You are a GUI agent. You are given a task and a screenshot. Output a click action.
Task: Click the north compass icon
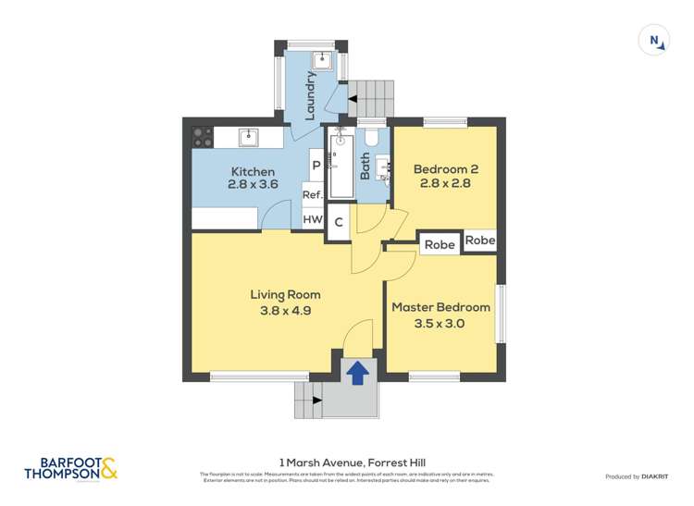(654, 40)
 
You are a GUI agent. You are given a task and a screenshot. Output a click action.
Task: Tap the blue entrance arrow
(357, 372)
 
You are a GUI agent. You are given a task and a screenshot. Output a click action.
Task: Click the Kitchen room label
(253, 172)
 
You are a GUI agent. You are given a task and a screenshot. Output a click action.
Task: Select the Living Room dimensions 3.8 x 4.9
(285, 311)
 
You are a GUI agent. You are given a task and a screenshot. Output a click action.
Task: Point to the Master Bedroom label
(440, 307)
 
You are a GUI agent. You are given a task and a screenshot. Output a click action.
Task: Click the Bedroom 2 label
(445, 169)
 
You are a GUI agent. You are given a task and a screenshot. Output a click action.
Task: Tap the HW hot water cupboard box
(313, 220)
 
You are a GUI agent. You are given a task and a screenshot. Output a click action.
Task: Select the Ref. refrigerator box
(313, 195)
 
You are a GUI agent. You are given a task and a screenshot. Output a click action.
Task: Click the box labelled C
(339, 222)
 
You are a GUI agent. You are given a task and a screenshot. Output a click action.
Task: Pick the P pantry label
(316, 167)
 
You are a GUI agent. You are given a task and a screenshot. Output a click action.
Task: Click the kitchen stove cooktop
(202, 138)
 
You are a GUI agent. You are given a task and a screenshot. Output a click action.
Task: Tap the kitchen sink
(247, 138)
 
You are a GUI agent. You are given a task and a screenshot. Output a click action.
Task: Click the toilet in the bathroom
(372, 139)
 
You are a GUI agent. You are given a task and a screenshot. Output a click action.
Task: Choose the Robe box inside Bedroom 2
(479, 240)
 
